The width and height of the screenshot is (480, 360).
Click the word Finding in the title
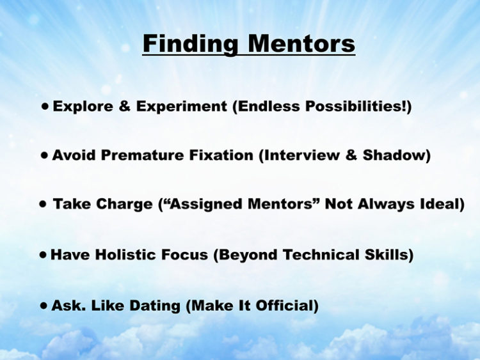coord(190,45)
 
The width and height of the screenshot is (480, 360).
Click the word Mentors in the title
coord(301,44)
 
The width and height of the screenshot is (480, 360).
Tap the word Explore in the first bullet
coord(83,107)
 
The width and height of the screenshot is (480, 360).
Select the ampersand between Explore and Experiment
coord(124,106)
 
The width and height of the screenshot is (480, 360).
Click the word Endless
coord(268,106)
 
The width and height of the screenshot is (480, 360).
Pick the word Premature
coord(142,155)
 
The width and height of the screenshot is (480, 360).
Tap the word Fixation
coord(221,155)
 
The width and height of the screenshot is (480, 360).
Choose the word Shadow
coord(394,155)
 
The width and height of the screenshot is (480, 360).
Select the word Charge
coord(124,204)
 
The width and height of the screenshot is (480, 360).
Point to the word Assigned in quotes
coord(206,204)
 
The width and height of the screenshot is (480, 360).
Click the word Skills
coord(387,254)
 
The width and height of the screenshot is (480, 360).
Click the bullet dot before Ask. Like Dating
coord(44,306)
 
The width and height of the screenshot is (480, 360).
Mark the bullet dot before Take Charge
coord(43,204)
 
